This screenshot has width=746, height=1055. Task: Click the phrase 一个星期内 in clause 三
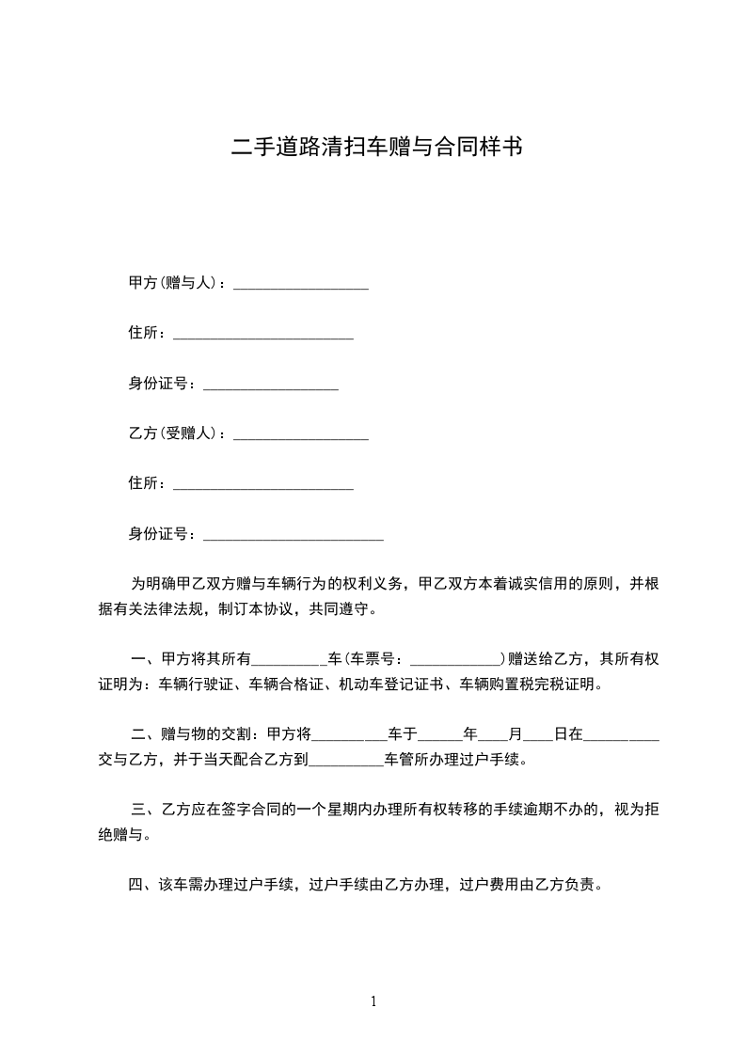pyautogui.click(x=351, y=809)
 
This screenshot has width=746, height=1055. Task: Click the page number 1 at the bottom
pyautogui.click(x=373, y=1001)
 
